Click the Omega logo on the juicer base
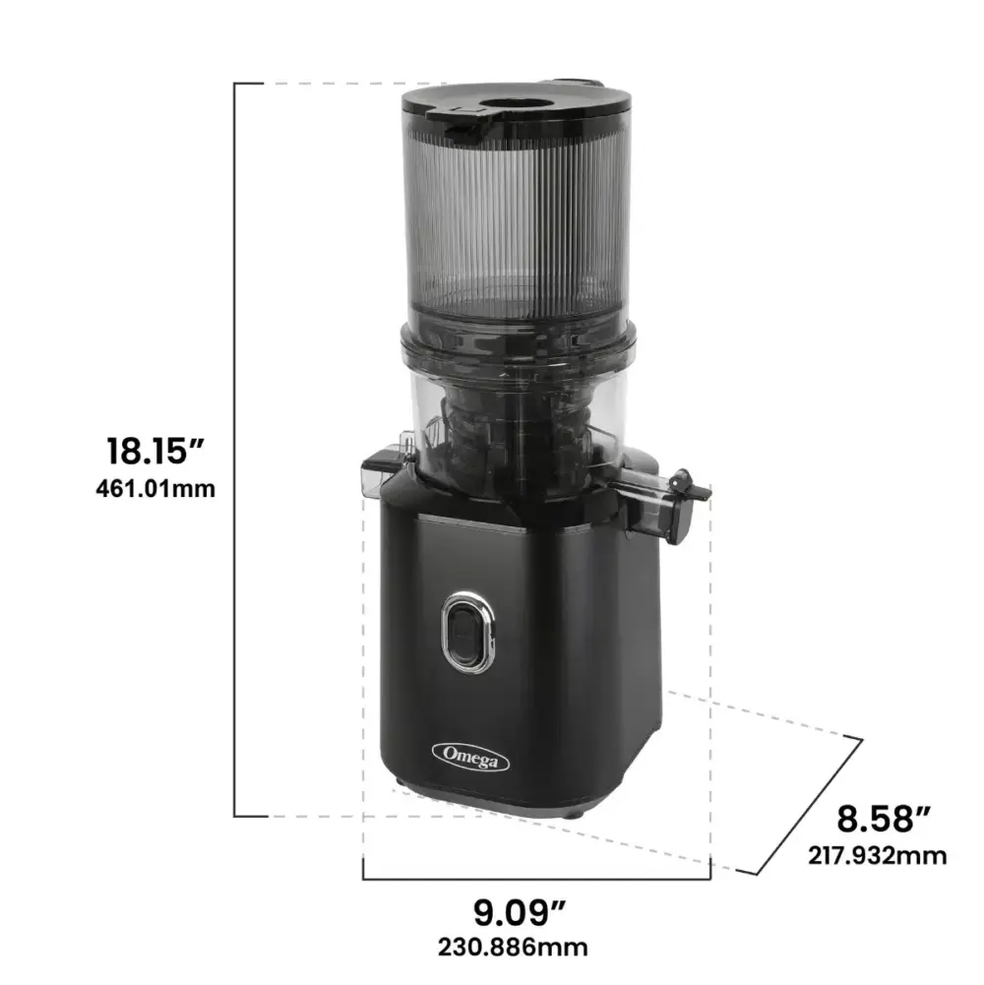point(470,757)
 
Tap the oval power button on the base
point(468,632)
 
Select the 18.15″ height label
point(155,451)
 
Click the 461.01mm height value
point(155,488)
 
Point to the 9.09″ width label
point(519,913)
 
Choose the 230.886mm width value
point(513,948)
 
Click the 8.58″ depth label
point(884,819)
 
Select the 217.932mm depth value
point(877,855)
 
